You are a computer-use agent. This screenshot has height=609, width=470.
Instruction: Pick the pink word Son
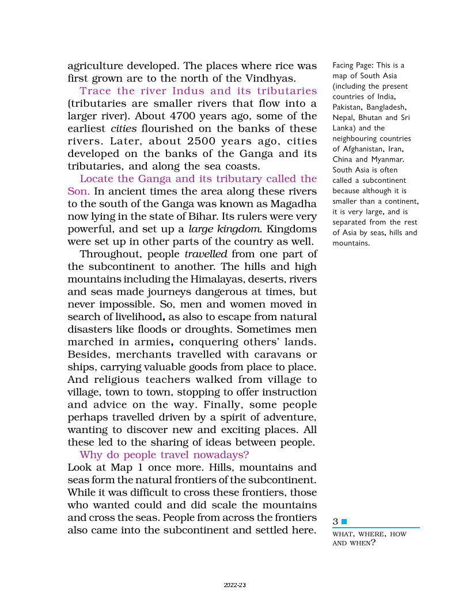coord(78,191)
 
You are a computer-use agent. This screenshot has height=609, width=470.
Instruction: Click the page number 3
coord(335,522)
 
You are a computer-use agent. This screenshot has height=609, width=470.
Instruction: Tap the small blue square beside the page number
coord(344,522)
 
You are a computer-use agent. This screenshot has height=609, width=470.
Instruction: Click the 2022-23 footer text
coord(235,585)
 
